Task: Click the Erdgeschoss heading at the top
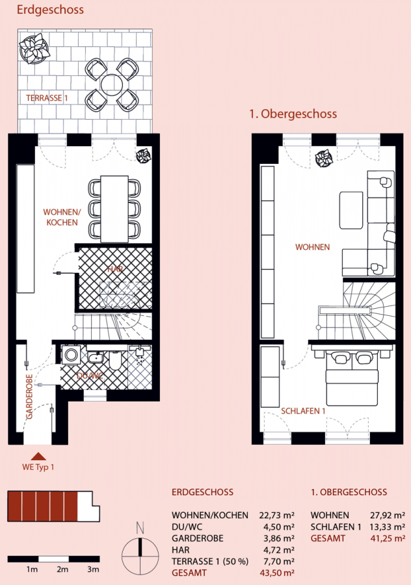point(50,10)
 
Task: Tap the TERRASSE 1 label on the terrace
point(47,98)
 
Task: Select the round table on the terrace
point(112,84)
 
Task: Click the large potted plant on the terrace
point(34,49)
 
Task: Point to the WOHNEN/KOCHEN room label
point(62,217)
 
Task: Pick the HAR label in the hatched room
point(115,269)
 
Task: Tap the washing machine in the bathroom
point(71,354)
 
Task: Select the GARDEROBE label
point(29,396)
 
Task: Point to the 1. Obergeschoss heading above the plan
point(293,114)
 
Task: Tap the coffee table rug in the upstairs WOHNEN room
point(351,210)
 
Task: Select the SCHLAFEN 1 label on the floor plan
point(303,411)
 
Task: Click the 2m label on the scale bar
point(62,569)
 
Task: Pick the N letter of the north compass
point(140,528)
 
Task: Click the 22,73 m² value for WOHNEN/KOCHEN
point(276,515)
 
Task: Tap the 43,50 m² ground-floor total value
point(277,573)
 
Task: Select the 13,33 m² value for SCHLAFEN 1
point(388,526)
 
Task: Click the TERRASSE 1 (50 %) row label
point(210,561)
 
